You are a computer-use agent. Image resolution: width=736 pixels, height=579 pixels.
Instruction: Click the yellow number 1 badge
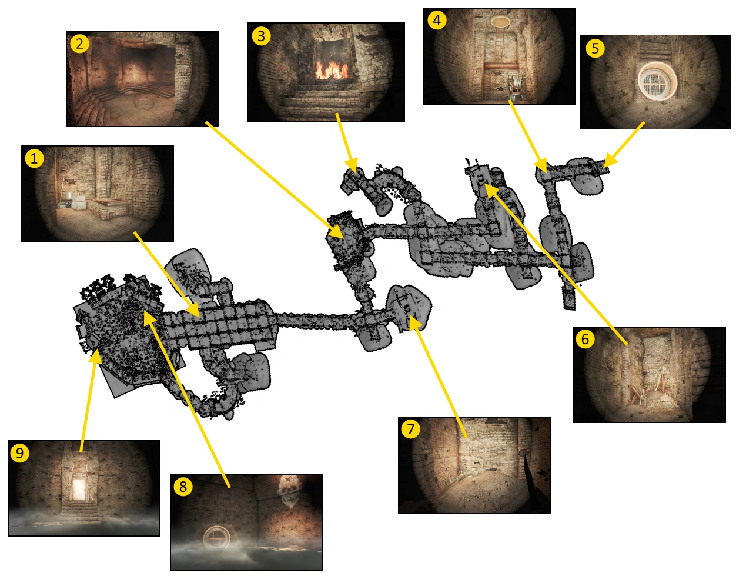[34, 158]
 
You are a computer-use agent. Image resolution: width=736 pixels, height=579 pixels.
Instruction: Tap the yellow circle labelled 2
[79, 44]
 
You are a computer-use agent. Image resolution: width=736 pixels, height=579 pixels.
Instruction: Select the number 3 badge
[261, 36]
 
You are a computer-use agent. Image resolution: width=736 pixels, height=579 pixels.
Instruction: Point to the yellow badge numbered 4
[437, 20]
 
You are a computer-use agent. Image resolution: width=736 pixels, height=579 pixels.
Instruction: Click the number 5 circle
[595, 48]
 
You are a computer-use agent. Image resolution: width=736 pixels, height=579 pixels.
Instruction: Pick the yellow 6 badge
[585, 339]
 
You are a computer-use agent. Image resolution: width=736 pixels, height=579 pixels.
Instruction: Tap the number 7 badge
[410, 429]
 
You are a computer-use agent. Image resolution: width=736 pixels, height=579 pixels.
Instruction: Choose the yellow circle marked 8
[183, 487]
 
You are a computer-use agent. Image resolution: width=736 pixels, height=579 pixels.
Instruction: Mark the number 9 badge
[19, 453]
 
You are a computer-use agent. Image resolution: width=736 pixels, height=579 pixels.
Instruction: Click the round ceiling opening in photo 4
[500, 22]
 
